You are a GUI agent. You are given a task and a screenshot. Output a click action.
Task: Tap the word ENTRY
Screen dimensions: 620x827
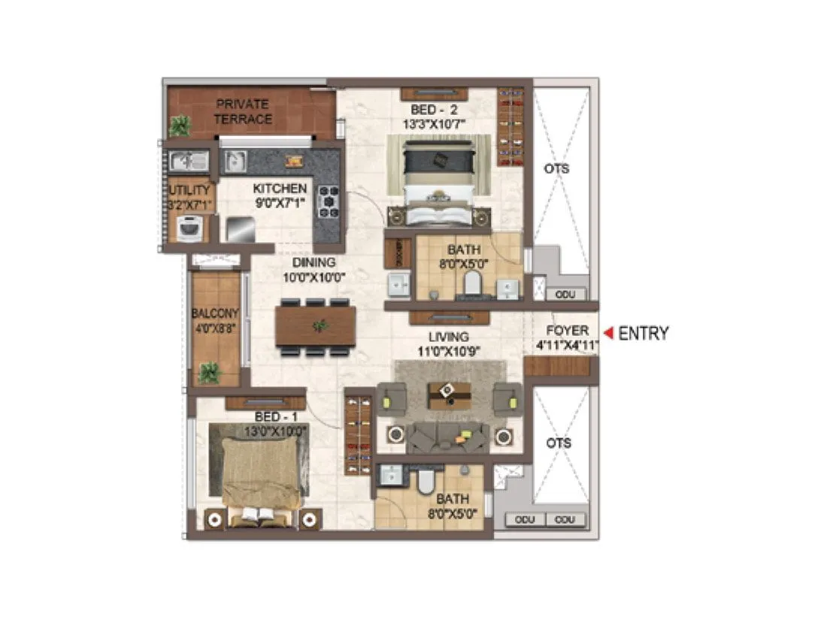tap(643, 334)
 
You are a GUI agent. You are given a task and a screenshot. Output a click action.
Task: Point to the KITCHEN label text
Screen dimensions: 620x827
tap(280, 189)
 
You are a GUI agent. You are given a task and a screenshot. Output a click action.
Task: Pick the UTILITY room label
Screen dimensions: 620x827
tap(189, 190)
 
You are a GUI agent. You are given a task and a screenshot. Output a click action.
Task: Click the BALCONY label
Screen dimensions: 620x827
tap(214, 313)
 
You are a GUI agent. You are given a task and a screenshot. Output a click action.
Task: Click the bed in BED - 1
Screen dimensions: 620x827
tap(261, 473)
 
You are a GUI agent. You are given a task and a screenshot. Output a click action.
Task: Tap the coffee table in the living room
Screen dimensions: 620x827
tap(449, 395)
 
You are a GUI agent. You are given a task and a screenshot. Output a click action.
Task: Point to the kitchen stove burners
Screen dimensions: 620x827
tap(329, 201)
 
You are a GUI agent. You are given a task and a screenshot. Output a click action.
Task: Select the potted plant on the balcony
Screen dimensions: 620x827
tap(209, 372)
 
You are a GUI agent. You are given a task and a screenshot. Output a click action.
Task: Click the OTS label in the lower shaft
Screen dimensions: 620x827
tap(559, 443)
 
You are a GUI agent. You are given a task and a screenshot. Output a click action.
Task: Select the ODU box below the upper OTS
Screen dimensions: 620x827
tap(567, 295)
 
